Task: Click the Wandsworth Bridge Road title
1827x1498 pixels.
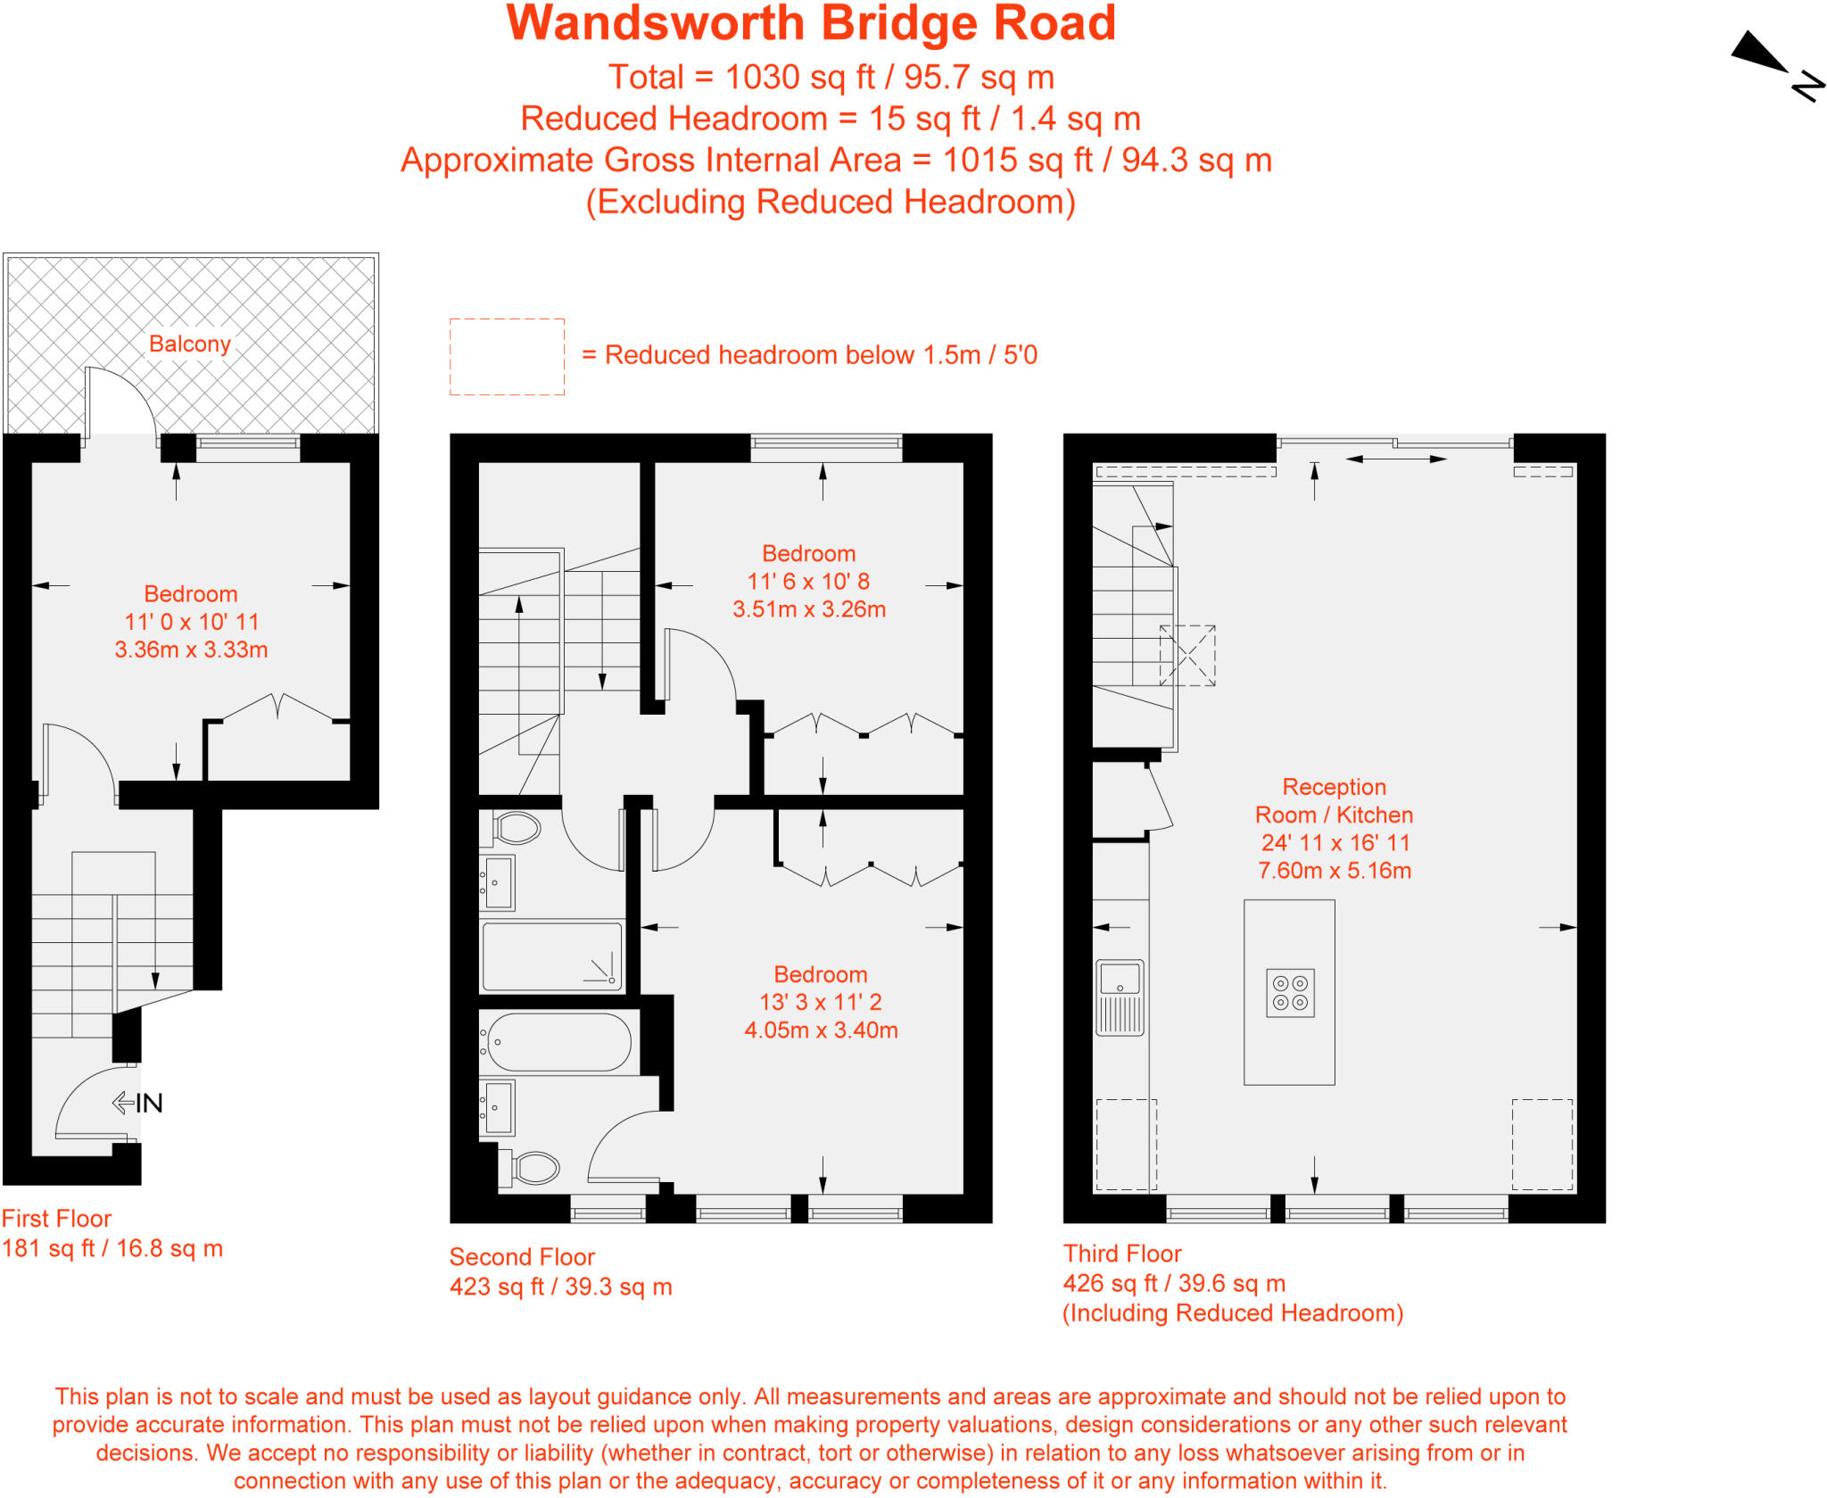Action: click(x=811, y=24)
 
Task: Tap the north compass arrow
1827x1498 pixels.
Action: click(x=1761, y=54)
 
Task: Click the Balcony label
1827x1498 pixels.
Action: click(x=190, y=344)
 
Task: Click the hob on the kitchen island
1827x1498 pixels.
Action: click(x=1290, y=993)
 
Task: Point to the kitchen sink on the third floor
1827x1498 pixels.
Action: click(x=1120, y=997)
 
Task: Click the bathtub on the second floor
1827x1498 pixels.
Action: click(x=559, y=1042)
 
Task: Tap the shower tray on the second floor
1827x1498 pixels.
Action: click(x=552, y=956)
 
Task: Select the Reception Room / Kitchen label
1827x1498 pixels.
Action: click(x=1334, y=801)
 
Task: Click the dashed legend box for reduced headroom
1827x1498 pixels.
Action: click(x=507, y=357)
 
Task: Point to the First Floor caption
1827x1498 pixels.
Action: click(x=56, y=1219)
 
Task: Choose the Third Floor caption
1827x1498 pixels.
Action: click(x=1122, y=1254)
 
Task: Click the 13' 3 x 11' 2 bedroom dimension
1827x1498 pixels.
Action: click(x=820, y=1002)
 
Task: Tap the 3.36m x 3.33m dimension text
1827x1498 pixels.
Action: click(x=191, y=650)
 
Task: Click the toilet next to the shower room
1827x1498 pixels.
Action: click(x=517, y=828)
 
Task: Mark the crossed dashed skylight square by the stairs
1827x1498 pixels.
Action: click(x=1187, y=655)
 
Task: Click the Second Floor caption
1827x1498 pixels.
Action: click(x=522, y=1257)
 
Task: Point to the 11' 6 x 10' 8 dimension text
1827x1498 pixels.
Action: click(x=808, y=582)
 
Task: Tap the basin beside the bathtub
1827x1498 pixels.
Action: click(x=498, y=1106)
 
